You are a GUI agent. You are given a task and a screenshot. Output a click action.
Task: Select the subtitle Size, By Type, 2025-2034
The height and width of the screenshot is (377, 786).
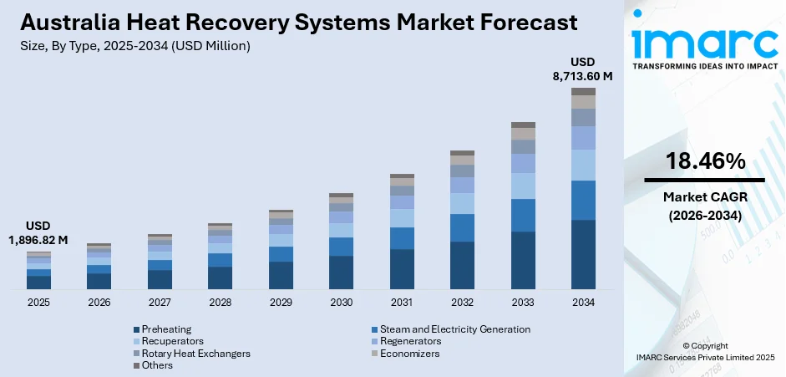tap(134, 46)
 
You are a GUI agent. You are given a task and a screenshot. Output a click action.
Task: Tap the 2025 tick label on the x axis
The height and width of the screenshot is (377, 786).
tap(38, 302)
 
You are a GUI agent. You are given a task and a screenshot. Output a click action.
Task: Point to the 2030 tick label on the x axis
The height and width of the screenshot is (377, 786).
tap(341, 302)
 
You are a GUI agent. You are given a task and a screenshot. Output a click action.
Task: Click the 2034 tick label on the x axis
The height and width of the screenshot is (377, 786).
tap(583, 302)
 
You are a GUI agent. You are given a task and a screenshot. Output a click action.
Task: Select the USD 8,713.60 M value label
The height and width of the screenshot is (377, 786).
tap(583, 69)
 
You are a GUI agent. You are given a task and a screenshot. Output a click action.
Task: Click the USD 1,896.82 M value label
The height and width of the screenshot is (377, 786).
tap(38, 234)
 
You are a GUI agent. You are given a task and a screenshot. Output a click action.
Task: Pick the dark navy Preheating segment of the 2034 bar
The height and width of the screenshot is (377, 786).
tap(583, 254)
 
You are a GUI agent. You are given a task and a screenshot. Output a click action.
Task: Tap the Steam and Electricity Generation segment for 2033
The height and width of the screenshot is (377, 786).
tap(523, 215)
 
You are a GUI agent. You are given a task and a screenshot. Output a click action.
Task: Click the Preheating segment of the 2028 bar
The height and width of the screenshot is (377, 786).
tap(220, 278)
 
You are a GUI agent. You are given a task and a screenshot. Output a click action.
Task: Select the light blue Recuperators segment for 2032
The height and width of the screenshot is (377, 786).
tap(462, 203)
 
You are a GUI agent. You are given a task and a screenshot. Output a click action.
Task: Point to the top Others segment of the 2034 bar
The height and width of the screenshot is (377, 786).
tap(583, 91)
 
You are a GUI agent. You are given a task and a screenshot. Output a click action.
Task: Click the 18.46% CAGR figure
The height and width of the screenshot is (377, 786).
tap(704, 162)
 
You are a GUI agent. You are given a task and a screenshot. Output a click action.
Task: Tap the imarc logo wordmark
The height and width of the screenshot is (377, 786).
tap(704, 42)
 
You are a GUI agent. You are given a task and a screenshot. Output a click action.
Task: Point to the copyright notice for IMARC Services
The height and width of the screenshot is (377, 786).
tap(704, 352)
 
